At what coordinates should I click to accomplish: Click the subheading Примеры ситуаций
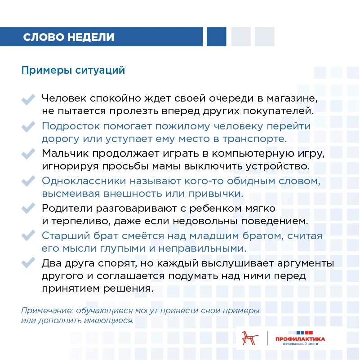click(x=73, y=71)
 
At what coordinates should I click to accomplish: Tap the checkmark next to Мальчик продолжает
click(x=28, y=154)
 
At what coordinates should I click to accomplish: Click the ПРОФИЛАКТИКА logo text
click(x=301, y=339)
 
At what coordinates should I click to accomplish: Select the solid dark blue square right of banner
click(x=216, y=36)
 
